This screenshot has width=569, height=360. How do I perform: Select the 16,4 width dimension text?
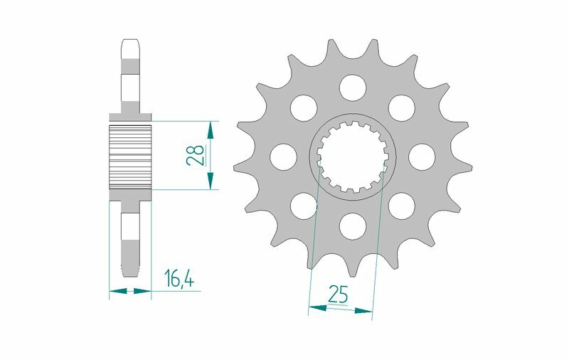pyautogui.click(x=179, y=279)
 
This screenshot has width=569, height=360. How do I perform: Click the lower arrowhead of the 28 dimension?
pyautogui.click(x=210, y=183)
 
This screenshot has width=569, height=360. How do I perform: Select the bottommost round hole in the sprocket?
pyautogui.click(x=351, y=226)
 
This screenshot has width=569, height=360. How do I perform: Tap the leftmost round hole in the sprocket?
pyautogui.click(x=282, y=156)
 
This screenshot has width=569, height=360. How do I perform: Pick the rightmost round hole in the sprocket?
pyautogui.click(x=420, y=156)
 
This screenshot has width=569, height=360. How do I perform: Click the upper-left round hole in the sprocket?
pyautogui.click(x=303, y=107)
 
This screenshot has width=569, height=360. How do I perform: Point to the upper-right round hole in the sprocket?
pyautogui.click(x=401, y=107)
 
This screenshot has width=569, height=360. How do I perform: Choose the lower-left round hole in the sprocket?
pyautogui.click(x=303, y=206)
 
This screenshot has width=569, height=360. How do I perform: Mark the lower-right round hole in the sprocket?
pyautogui.click(x=401, y=206)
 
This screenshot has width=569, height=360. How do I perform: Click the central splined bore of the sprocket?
pyautogui.click(x=351, y=157)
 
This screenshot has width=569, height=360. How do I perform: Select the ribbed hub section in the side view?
pyautogui.click(x=130, y=156)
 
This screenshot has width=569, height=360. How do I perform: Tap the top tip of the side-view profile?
pyautogui.click(x=130, y=39)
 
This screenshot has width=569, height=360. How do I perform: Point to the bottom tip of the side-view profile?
pyautogui.click(x=130, y=274)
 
